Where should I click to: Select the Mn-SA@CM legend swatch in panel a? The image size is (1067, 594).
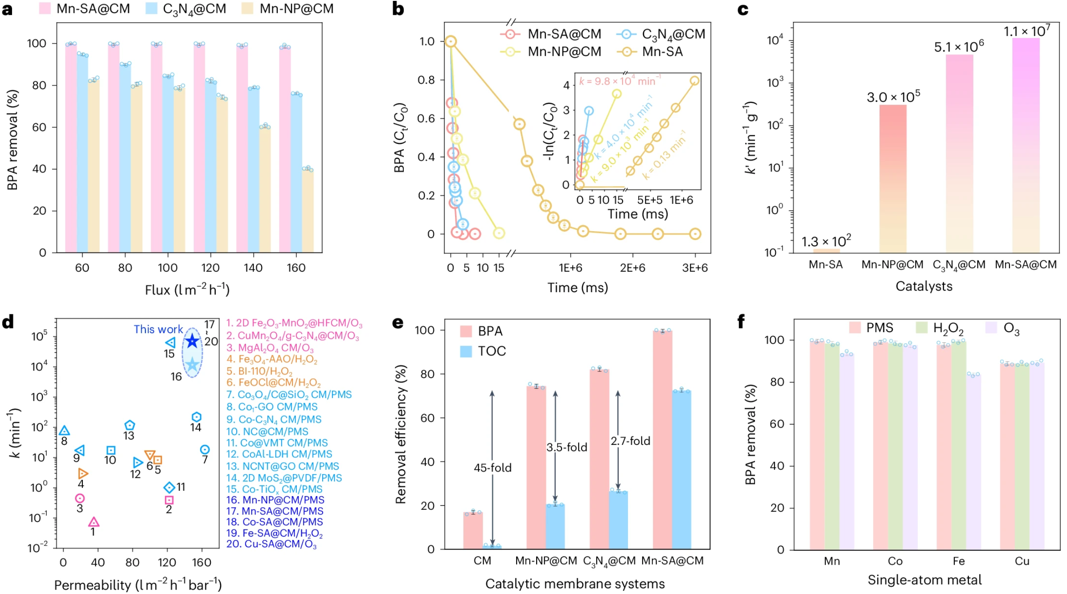[x=45, y=8]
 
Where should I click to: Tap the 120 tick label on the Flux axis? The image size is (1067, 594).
[x=210, y=268]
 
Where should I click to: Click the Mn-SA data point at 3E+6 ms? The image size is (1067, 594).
[x=695, y=234]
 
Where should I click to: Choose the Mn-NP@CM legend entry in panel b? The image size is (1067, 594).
[x=551, y=52]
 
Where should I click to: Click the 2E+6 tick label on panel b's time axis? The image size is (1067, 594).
[x=632, y=268]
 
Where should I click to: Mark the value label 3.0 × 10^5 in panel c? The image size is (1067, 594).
[x=893, y=97]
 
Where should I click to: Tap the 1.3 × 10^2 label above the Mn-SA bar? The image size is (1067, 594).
[x=826, y=241]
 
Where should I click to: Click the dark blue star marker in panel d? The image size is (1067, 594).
[x=192, y=341]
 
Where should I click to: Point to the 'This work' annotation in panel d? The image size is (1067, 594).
[x=158, y=329]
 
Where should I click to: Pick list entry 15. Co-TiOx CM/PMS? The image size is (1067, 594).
[x=275, y=489]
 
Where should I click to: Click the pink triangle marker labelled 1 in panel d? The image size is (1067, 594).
[x=94, y=522]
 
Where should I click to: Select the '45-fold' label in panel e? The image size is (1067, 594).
[x=492, y=468]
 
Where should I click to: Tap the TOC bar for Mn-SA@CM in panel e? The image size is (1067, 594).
[x=681, y=470]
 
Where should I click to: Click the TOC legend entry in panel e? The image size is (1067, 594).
[x=483, y=351]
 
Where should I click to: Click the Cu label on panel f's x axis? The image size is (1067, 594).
[x=1022, y=561]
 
